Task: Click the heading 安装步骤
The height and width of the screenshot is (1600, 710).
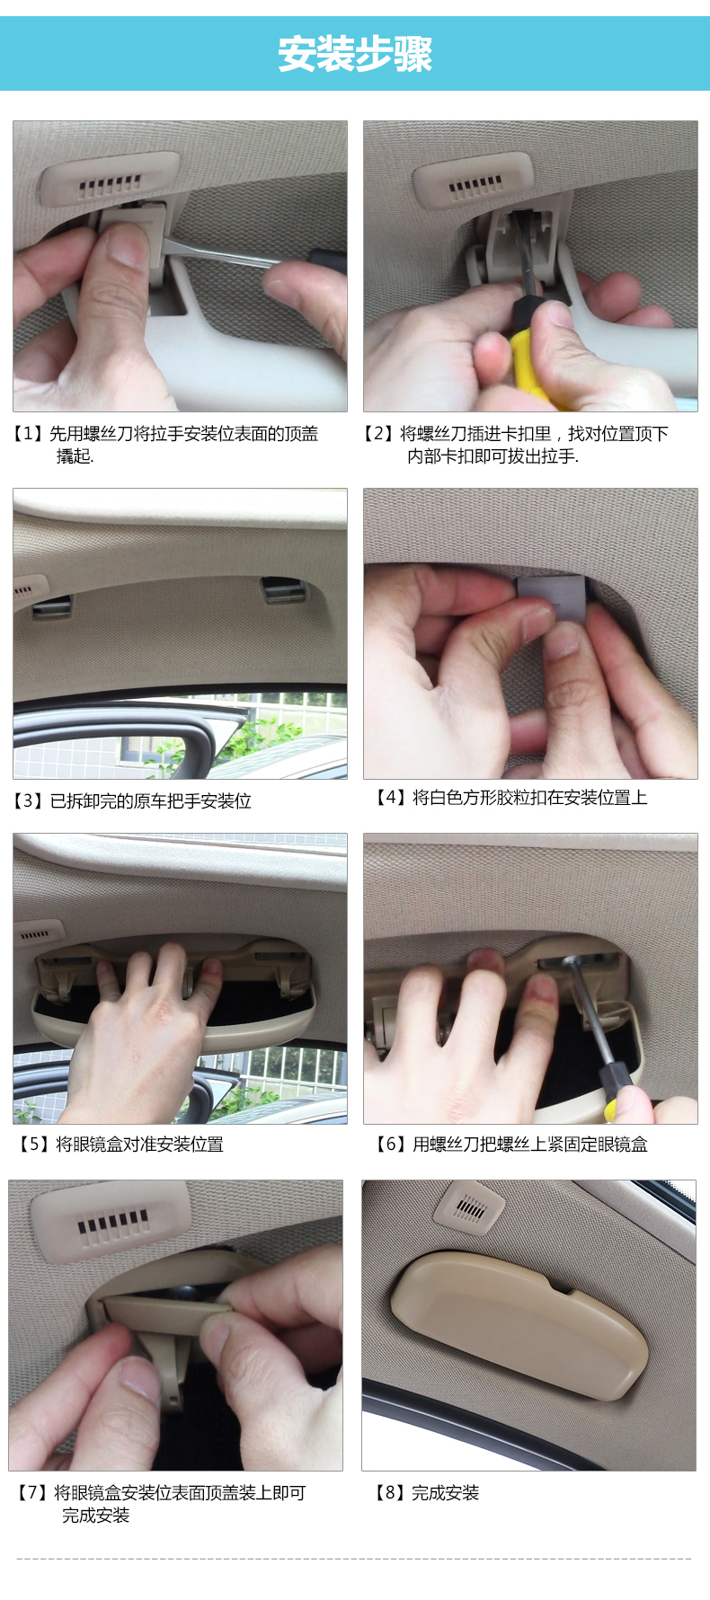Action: click(355, 54)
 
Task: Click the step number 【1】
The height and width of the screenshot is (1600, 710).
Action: click(28, 434)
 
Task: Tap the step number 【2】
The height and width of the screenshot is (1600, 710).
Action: click(378, 434)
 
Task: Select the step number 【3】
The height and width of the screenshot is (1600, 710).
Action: click(28, 800)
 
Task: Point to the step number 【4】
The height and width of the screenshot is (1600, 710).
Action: click(391, 797)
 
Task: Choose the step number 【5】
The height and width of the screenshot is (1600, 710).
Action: click(34, 1144)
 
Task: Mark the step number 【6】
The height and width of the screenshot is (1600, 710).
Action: click(391, 1144)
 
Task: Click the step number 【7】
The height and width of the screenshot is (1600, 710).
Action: click(32, 1492)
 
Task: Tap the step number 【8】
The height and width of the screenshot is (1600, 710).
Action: click(390, 1492)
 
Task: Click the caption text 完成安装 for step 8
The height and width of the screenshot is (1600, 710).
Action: click(446, 1492)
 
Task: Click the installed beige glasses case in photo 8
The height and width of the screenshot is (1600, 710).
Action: click(520, 1326)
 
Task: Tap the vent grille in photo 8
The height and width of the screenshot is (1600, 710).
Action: click(468, 1209)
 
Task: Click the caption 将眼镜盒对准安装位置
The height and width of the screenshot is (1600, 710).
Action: click(139, 1144)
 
